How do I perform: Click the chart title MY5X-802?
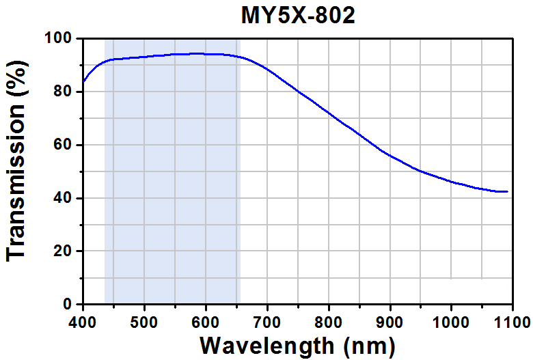click(298, 15)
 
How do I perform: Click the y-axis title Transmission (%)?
click(16, 161)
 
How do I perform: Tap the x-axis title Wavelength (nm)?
click(297, 347)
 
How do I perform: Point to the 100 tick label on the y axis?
click(59, 38)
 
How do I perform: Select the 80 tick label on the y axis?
click(63, 92)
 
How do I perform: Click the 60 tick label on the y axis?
click(63, 145)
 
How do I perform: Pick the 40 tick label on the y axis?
click(63, 198)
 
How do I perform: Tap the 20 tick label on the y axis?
click(63, 251)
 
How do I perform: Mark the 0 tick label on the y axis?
click(67, 304)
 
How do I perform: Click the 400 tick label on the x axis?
click(83, 322)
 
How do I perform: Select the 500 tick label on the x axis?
click(144, 322)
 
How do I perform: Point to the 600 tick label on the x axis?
click(206, 322)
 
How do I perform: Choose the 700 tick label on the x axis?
click(267, 322)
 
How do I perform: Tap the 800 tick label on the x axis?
click(329, 322)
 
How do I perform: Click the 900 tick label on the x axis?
click(390, 322)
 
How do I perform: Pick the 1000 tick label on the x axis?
click(451, 322)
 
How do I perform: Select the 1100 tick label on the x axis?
click(512, 322)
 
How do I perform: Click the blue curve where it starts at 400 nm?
click(83, 81)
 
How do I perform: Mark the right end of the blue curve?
click(508, 191)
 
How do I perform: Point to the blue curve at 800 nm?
click(329, 113)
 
